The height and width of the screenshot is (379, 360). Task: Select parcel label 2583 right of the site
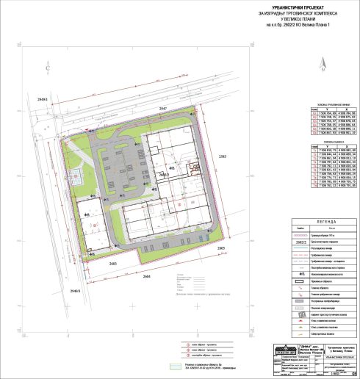[223, 157]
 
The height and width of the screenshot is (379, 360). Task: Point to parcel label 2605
[221, 250]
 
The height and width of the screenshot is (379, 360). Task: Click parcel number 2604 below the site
[146, 277]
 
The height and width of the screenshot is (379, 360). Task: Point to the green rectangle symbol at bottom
[176, 365]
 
